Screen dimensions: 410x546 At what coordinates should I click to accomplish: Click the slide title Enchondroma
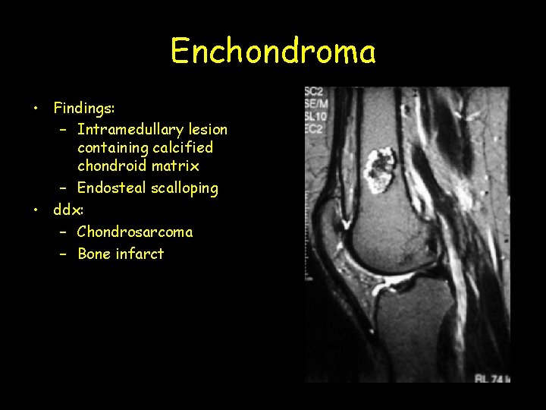coord(273,52)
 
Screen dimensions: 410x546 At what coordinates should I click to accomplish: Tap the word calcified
coord(182,147)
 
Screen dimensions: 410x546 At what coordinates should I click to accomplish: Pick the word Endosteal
coord(111,188)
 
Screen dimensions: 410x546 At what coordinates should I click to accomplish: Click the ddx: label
coord(68,209)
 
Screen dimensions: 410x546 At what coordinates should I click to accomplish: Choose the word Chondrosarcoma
coord(135,232)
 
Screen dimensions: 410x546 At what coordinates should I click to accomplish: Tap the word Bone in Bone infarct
coord(95,254)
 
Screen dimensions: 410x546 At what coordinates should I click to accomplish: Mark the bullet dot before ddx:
coord(36,210)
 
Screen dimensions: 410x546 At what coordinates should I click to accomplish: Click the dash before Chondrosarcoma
coord(64,232)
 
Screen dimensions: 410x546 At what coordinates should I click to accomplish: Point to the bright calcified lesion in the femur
coord(381,170)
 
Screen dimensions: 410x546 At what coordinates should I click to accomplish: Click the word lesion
coord(209,129)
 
